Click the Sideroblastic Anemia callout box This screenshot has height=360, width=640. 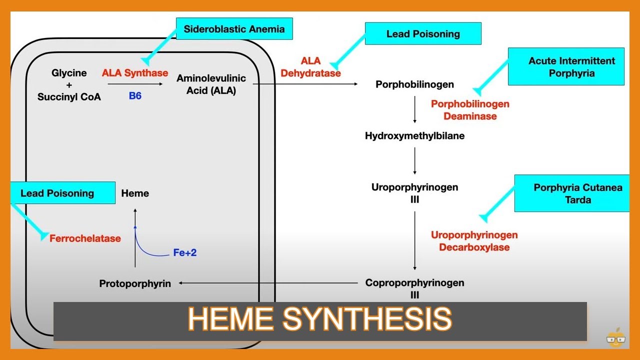[x=234, y=29]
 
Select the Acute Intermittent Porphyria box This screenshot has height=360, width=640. [x=566, y=67]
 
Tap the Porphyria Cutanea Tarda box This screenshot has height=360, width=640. [x=572, y=193]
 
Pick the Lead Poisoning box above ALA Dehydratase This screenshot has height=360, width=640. [x=423, y=34]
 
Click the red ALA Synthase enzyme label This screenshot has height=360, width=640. [x=135, y=73]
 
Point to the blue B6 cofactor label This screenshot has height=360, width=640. [x=135, y=96]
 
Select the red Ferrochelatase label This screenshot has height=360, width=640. [x=85, y=238]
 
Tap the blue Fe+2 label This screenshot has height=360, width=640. [x=185, y=253]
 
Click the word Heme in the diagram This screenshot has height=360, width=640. [x=135, y=193]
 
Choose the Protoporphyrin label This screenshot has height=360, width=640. [x=135, y=283]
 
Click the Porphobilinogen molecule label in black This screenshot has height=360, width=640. [x=414, y=84]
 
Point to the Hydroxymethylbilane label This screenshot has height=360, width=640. [x=414, y=135]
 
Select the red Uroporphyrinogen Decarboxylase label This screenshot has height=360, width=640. [x=474, y=241]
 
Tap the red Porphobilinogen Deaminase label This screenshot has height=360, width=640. [x=470, y=110]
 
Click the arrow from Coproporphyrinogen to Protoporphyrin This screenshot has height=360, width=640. [x=268, y=283]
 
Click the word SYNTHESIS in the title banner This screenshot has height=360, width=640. [x=367, y=319]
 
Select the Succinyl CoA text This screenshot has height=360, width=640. [x=69, y=97]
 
